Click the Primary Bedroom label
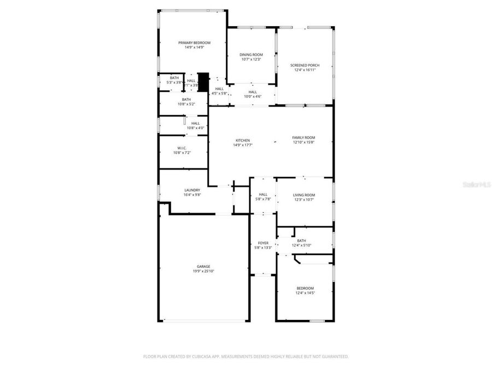pos(194,43)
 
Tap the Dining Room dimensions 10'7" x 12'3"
pos(251,59)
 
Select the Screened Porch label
pos(304,65)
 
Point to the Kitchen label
pos(243,140)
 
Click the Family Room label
pos(303,138)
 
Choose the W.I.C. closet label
pos(182,148)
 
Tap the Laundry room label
pos(192,190)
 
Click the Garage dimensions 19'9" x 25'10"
pos(203,271)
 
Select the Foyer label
pos(263,243)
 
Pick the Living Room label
pos(304,195)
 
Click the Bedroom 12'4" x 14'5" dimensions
pos(305,293)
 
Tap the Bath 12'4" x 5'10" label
pos(301,241)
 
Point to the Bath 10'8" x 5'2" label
pos(186,99)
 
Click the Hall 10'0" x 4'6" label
pos(253,92)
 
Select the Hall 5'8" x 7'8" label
pos(263,195)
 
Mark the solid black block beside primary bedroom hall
pos(203,82)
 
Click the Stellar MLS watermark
pos(477,185)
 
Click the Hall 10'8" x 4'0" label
pos(195,124)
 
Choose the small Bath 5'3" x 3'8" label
pos(174,78)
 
